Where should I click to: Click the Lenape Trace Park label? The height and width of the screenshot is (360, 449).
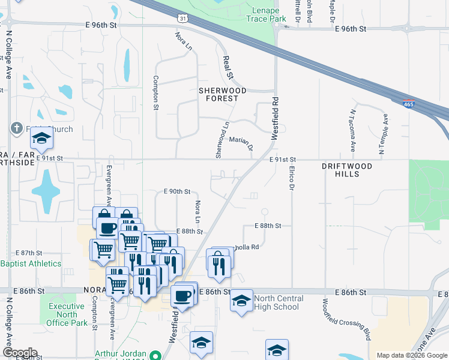coord(265,14)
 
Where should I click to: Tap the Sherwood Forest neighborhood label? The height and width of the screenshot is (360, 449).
coord(223,94)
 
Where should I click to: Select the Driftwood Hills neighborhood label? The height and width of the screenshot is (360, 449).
coord(347,170)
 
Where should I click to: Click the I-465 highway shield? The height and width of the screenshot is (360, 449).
coord(408,104)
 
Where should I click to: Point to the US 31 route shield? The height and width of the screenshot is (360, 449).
coord(182,19)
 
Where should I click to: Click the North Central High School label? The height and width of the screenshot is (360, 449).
coord(276,302)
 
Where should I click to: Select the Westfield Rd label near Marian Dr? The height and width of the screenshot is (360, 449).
coord(276,119)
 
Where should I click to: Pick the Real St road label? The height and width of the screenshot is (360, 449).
coord(228,67)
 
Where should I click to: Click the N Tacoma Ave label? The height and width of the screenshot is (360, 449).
coord(353,129)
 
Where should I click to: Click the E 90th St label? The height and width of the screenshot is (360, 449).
coord(177,191)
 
